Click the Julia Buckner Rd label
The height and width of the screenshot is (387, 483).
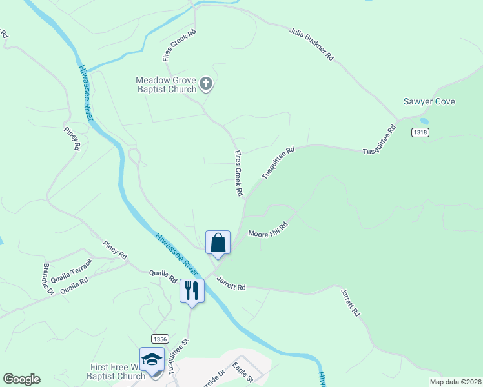[x=311, y=45]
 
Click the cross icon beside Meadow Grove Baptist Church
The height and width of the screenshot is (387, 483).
[x=206, y=83]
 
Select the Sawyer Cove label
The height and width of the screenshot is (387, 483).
[x=429, y=102]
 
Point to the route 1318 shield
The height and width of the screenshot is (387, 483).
[x=420, y=132]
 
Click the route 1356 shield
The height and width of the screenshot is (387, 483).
[x=160, y=339]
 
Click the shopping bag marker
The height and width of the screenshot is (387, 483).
[x=218, y=243]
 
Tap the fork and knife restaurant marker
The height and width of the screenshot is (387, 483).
[x=192, y=290]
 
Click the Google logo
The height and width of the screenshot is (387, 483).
[x=21, y=379]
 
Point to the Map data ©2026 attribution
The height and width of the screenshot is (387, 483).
[x=455, y=382]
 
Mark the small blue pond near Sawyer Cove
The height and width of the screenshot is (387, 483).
[x=424, y=121]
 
